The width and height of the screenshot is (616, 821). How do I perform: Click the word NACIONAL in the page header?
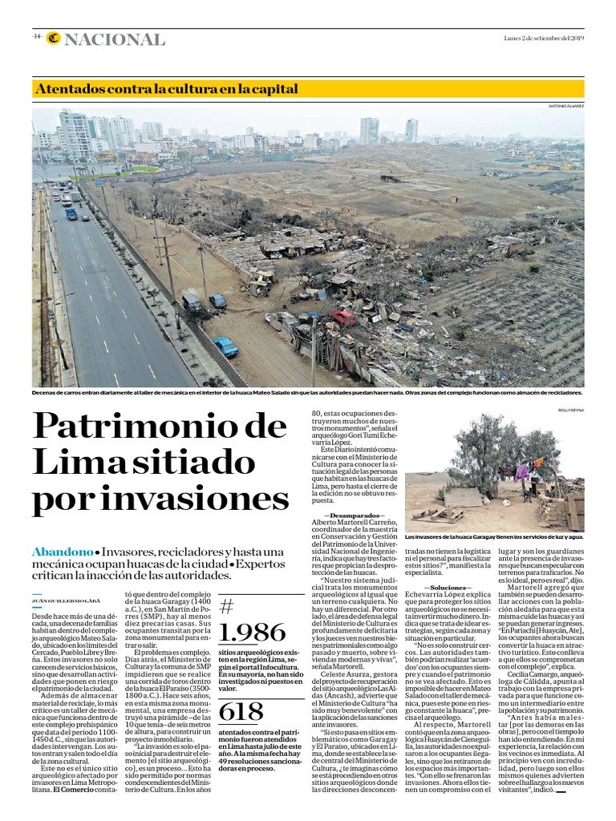(117, 39)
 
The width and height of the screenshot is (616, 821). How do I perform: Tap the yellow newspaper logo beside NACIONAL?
(54, 38)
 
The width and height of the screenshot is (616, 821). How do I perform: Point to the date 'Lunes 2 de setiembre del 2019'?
(542, 37)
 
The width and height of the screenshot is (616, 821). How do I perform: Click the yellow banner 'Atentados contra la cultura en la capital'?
(167, 88)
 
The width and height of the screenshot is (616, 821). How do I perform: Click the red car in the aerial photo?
(345, 317)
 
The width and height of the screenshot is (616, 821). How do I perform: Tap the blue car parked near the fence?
(225, 346)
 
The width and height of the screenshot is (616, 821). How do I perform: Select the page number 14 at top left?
(37, 37)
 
